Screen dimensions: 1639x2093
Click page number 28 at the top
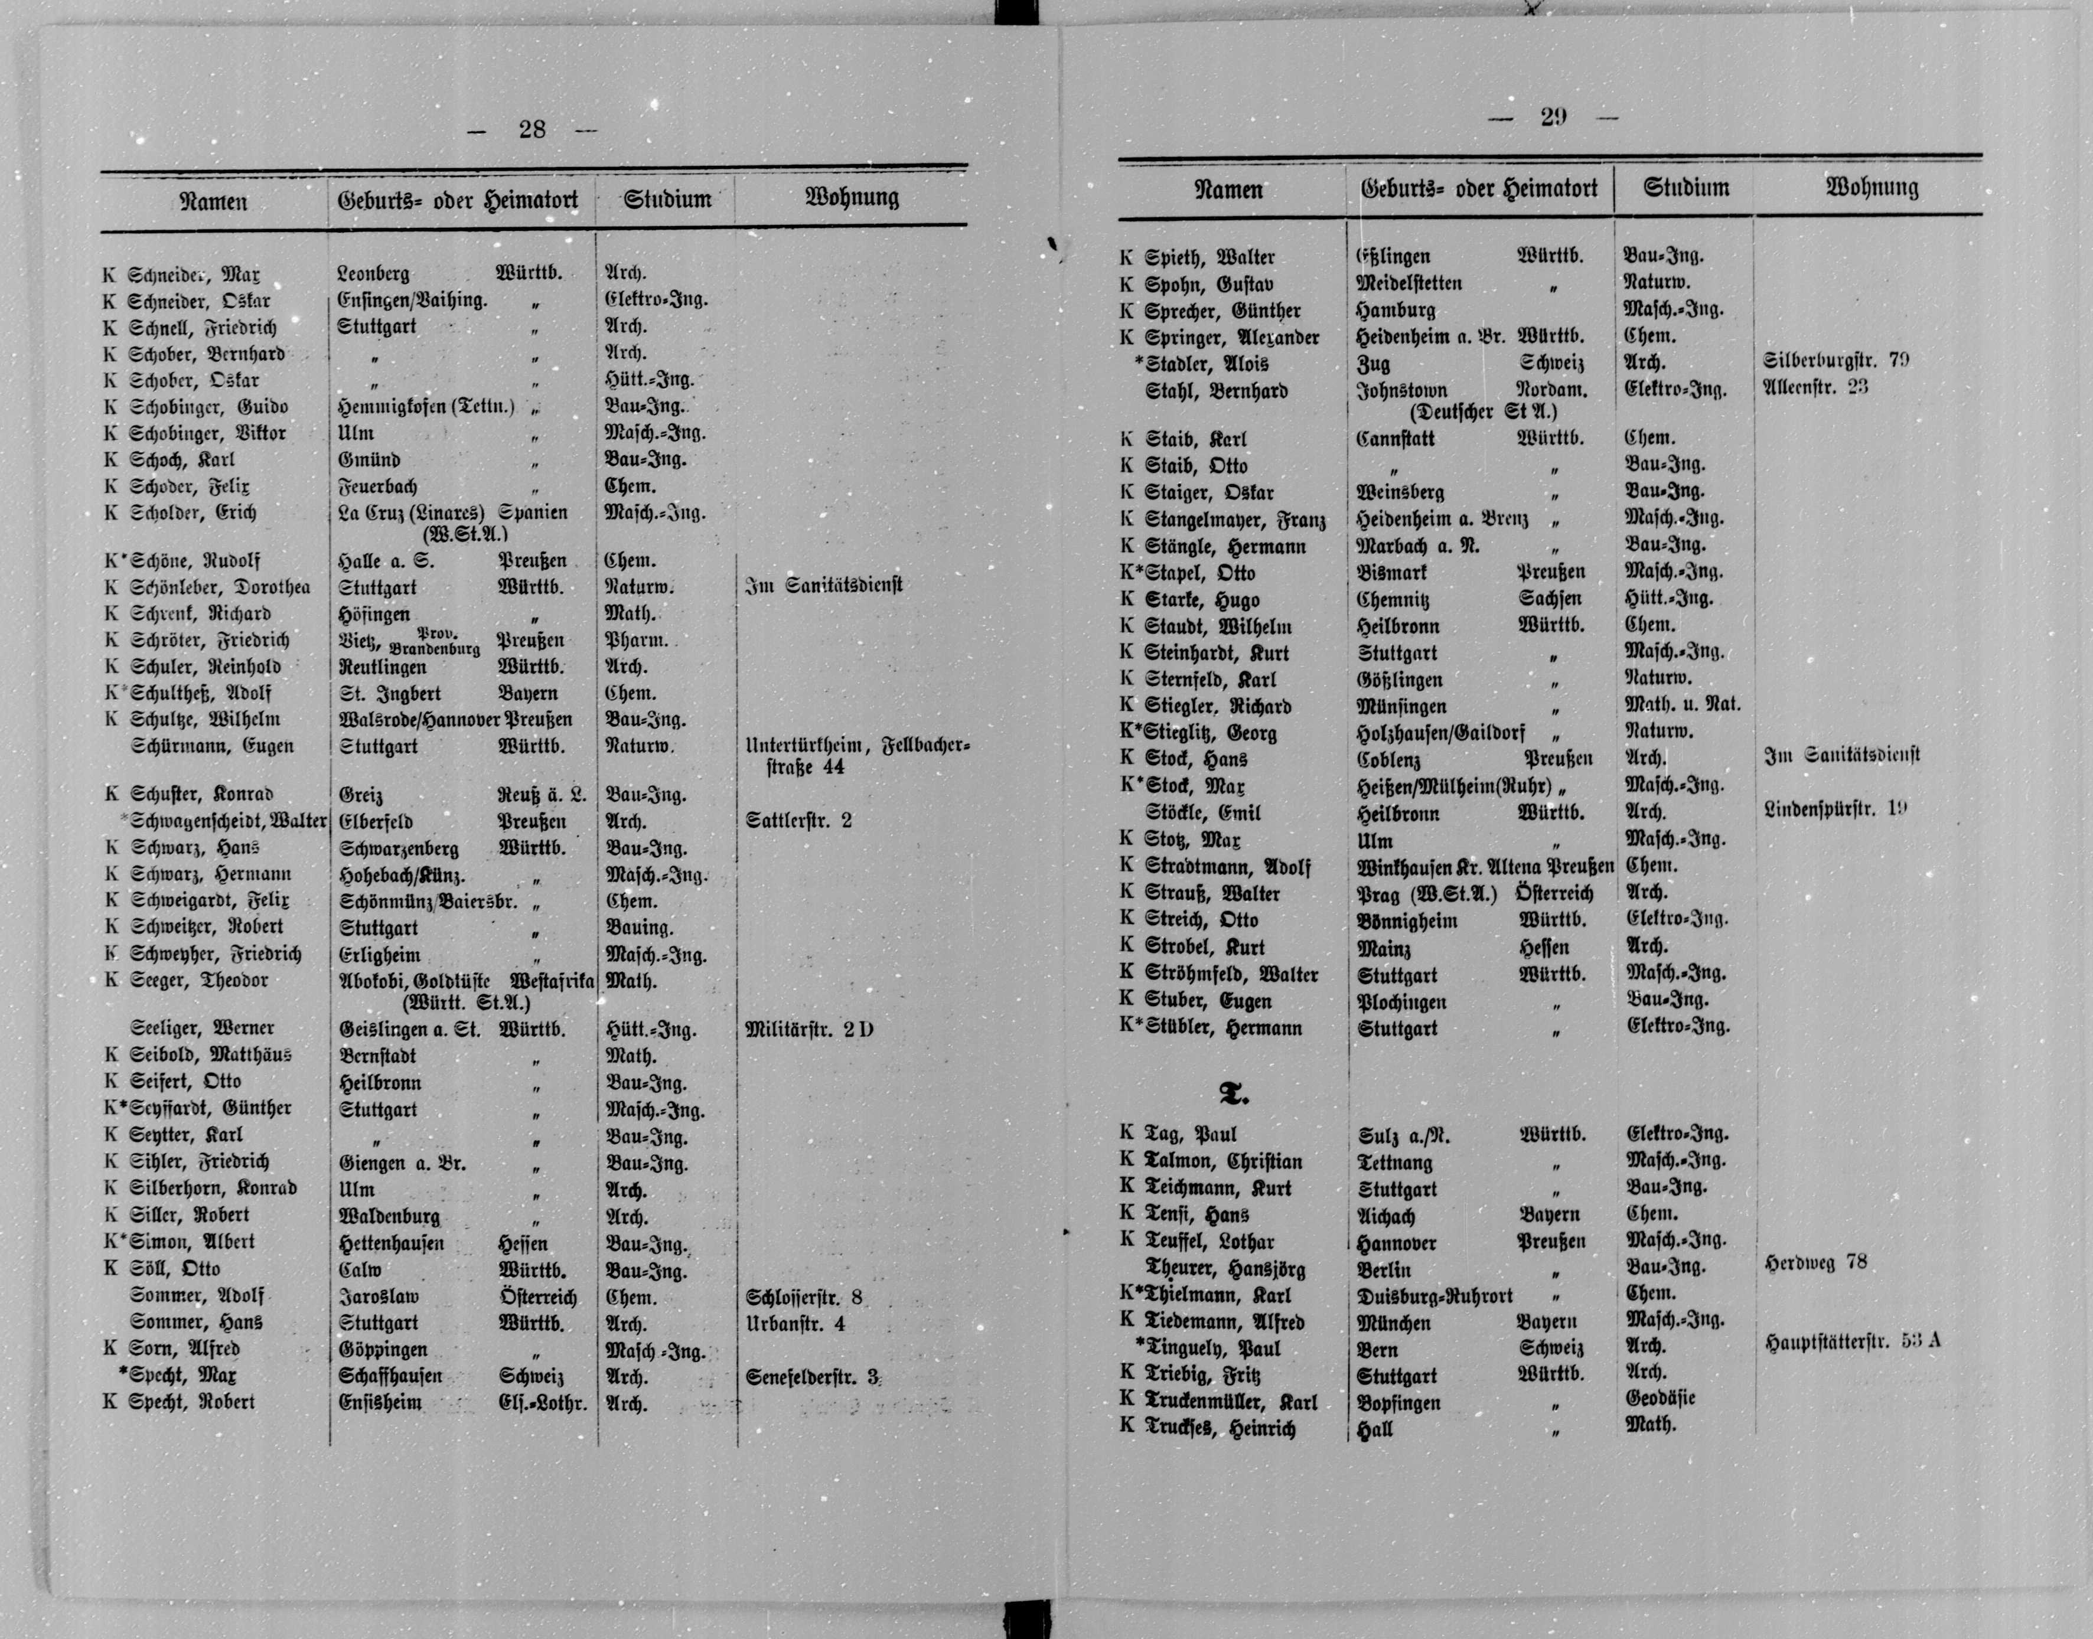click(x=532, y=129)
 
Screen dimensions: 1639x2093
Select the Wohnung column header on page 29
click(x=1872, y=187)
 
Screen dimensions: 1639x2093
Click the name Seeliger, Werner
click(x=203, y=1029)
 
